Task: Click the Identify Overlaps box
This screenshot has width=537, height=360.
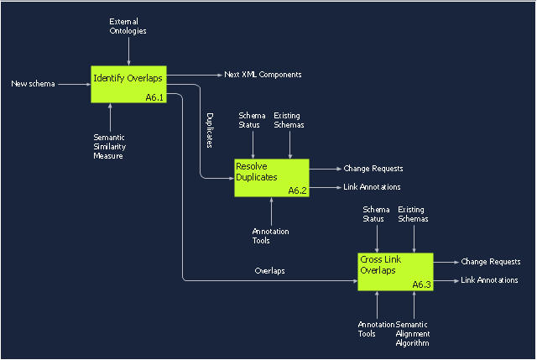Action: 128,84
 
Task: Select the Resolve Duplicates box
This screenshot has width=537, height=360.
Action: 271,178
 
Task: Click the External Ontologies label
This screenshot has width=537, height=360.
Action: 128,25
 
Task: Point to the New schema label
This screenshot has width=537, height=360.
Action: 33,84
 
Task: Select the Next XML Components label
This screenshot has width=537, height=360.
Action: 263,75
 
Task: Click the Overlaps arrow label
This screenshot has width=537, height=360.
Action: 270,271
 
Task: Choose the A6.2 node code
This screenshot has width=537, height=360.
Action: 298,191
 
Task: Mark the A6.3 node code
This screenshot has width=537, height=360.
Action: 421,285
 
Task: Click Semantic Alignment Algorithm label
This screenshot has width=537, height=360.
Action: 413,333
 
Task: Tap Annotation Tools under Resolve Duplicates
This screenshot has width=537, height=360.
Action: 262,236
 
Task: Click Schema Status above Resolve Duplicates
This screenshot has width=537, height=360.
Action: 252,120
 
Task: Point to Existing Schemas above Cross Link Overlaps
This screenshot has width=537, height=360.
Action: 413,214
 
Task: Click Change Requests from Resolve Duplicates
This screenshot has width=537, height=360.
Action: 373,169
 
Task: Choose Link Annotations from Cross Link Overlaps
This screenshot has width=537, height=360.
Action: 489,280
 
